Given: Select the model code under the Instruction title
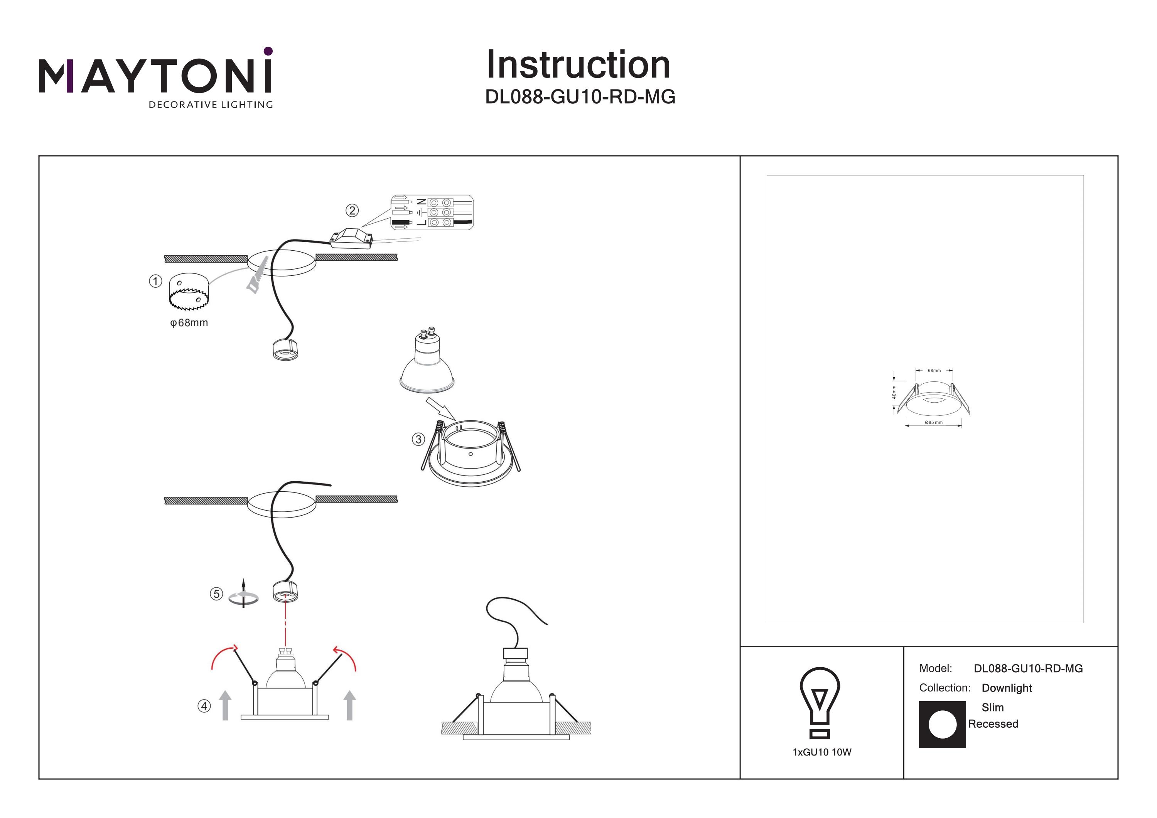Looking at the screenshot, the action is pos(580,97).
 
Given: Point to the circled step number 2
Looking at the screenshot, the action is pos(352,210).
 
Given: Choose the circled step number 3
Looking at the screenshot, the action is pos(418,440).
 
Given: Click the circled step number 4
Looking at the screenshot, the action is pos(204,706).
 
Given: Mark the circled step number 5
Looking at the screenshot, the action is pos(216,594).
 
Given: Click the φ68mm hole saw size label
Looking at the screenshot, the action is pos(189,323).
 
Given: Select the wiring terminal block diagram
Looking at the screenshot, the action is pos(432,213).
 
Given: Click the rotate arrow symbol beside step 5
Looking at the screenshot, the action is pos(243,594).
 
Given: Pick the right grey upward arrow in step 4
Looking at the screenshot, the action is pos(349,705).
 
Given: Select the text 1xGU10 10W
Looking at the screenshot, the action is pos(822,752).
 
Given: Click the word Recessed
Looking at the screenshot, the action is pos(993,724).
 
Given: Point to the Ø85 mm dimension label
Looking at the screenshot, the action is pos(934,422).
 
